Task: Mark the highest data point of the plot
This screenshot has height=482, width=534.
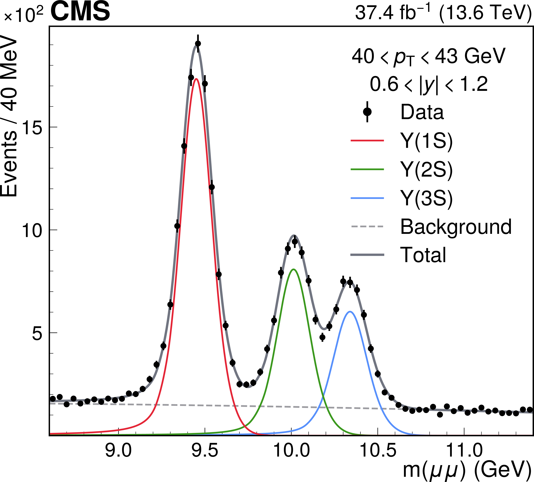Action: [198, 43]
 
